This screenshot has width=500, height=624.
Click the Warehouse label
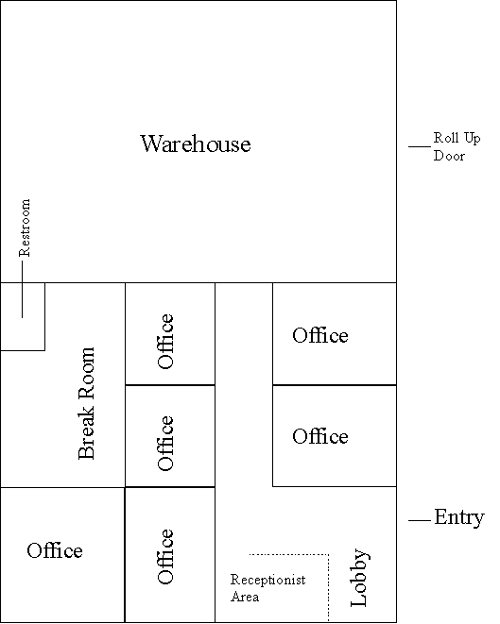pos(196,143)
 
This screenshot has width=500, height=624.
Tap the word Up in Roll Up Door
pos(473,139)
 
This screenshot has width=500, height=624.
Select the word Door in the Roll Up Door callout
pos(449,155)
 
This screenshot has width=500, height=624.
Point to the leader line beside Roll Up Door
pos(420,147)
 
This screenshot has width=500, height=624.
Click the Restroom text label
pos(25,228)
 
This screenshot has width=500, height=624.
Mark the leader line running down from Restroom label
pos(22,290)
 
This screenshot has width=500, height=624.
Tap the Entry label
pos(459,517)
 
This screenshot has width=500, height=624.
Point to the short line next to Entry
pos(420,520)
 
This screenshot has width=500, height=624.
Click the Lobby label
pos(359,578)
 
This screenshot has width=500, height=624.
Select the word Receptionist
pos(268,580)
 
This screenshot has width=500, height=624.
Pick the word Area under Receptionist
pos(245,597)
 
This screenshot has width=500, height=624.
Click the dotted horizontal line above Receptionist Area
pos(289,554)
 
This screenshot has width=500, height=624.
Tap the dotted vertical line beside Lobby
pos(328,587)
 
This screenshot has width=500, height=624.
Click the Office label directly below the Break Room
pos(55,550)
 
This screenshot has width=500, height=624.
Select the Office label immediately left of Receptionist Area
pos(165,556)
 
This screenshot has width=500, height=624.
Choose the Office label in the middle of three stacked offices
pos(165,443)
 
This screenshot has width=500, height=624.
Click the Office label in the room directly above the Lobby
pos(319,436)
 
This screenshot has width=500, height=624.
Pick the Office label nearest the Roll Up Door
pos(319,335)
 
